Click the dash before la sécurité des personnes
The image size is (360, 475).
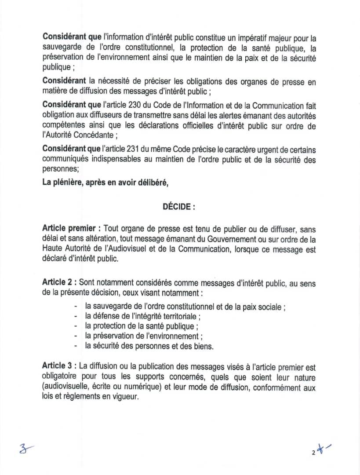coord(77,346)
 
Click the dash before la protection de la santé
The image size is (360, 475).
coord(77,326)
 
